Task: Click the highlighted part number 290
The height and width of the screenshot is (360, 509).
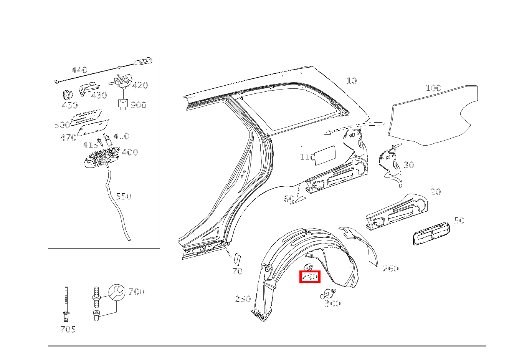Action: pyautogui.click(x=310, y=277)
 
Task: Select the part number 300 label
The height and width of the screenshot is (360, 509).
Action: pyautogui.click(x=332, y=304)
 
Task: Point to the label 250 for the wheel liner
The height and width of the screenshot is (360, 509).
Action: pyautogui.click(x=243, y=299)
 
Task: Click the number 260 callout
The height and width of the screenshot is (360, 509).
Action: pyautogui.click(x=391, y=269)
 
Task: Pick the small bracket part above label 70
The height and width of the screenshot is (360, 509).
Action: pyautogui.click(x=236, y=259)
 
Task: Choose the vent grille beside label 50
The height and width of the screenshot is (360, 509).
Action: pyautogui.click(x=430, y=233)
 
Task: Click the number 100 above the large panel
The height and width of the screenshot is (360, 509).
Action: pyautogui.click(x=433, y=88)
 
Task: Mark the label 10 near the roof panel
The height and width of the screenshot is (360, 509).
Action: pyautogui.click(x=352, y=81)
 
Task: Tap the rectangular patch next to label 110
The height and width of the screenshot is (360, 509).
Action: pyautogui.click(x=325, y=155)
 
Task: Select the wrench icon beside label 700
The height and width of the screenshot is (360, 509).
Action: pyautogui.click(x=116, y=292)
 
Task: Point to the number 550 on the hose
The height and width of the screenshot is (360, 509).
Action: pyautogui.click(x=124, y=196)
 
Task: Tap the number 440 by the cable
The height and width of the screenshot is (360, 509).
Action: pyautogui.click(x=79, y=70)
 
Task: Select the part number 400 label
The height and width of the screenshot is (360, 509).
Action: pyautogui.click(x=130, y=152)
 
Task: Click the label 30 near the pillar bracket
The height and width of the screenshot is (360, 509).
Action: pyautogui.click(x=409, y=165)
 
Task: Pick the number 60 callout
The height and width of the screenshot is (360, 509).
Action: pyautogui.click(x=289, y=199)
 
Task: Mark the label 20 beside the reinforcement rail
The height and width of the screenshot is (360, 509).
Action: pyautogui.click(x=436, y=191)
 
